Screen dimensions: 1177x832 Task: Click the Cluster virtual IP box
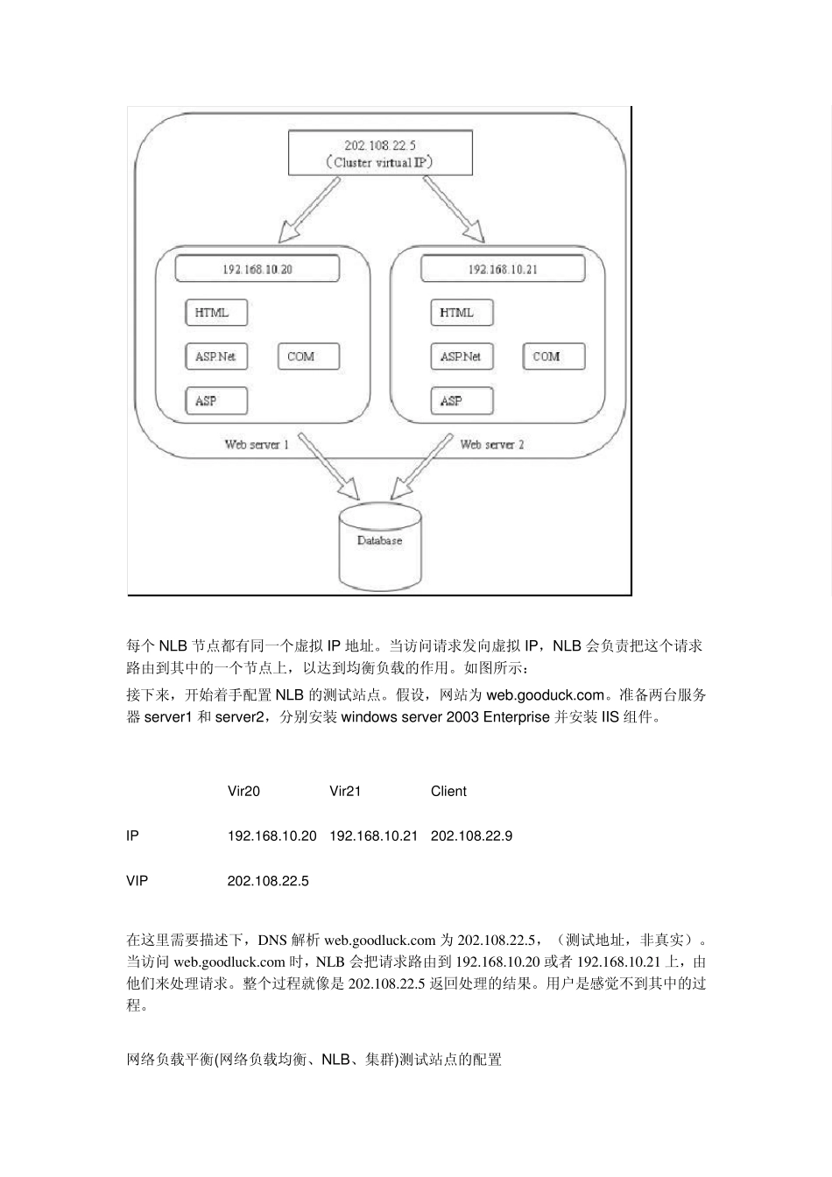[x=380, y=152]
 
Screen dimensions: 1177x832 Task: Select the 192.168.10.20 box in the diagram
[x=257, y=269]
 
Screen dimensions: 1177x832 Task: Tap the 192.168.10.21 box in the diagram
[x=502, y=269]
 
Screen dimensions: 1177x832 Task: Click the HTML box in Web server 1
[x=216, y=313]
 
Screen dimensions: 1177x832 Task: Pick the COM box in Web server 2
[x=553, y=356]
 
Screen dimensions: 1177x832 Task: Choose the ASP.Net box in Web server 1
[x=216, y=356]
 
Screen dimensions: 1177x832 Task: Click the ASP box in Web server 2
[x=461, y=401]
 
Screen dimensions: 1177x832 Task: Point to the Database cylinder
[x=379, y=547]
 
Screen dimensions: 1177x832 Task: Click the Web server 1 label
[x=257, y=445]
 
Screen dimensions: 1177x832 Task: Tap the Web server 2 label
[x=492, y=445]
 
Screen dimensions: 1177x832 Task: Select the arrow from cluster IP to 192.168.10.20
[x=308, y=210]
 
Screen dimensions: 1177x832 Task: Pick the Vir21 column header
[x=345, y=792]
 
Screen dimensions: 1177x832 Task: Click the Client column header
[x=448, y=792]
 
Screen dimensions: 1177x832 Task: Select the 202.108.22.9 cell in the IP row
[x=471, y=836]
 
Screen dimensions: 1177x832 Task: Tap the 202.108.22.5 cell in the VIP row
[x=268, y=881]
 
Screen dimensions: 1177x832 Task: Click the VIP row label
[x=137, y=881]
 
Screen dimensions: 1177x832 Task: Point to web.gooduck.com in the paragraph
[x=545, y=696]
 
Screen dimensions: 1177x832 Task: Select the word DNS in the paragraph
[x=271, y=941]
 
